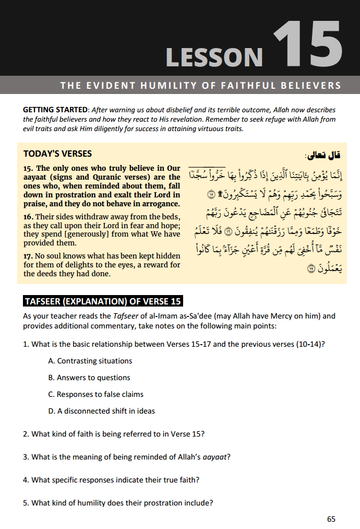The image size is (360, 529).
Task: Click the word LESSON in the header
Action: point(214,56)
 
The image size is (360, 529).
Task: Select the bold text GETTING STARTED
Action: point(55,110)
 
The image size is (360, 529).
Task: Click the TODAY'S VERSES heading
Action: point(57,154)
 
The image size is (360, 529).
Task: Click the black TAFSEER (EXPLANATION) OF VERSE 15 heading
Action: point(103,301)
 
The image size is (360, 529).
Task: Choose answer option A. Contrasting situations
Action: point(90,361)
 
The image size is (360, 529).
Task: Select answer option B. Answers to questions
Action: point(89,378)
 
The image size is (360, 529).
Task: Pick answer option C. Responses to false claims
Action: point(95,394)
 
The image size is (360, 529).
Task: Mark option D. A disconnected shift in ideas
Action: point(101,411)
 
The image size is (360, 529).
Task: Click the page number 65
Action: point(331,519)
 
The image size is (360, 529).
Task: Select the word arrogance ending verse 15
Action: point(161,203)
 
